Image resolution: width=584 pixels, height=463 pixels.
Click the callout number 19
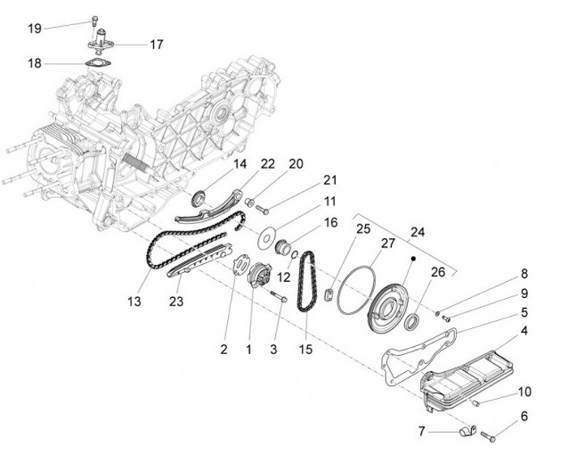pos(34,28)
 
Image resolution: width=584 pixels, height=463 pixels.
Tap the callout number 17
pos(156,44)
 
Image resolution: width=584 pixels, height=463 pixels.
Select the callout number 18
pos(34,63)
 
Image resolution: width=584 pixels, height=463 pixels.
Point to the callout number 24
pos(418,230)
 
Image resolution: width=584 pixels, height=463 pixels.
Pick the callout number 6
pos(523,416)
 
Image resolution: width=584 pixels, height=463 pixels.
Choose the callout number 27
pos(389,243)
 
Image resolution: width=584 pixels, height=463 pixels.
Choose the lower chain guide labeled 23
pos(195,264)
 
